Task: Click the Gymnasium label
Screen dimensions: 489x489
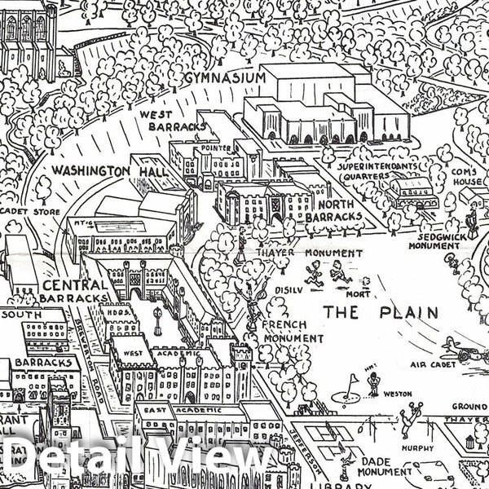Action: click(226, 77)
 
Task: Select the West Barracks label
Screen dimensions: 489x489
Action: click(160, 121)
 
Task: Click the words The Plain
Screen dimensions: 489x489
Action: click(381, 312)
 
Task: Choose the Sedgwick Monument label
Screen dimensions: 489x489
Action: click(434, 239)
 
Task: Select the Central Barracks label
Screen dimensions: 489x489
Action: click(74, 292)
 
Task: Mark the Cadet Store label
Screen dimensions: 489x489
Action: click(23, 210)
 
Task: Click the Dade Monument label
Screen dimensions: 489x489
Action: click(368, 466)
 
